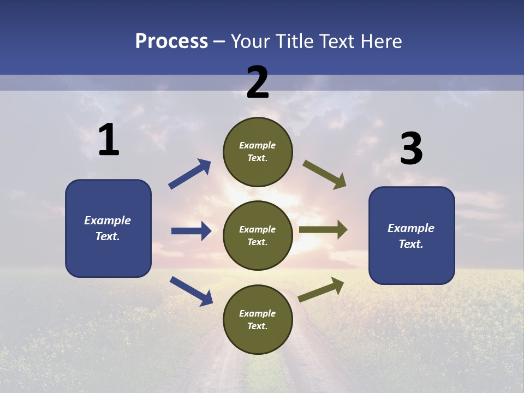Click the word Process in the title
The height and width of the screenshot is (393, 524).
(171, 41)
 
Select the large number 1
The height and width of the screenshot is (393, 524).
(109, 140)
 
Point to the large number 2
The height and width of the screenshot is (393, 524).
(258, 82)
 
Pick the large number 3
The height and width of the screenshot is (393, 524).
(411, 148)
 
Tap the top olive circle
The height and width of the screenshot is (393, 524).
(258, 152)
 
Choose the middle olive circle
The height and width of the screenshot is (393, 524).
(258, 235)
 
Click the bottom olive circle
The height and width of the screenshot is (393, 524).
(258, 319)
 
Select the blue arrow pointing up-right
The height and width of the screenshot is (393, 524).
(190, 174)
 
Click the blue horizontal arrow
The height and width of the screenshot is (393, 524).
(191, 231)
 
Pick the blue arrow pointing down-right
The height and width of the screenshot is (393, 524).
(191, 291)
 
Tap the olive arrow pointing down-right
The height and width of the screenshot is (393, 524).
(325, 175)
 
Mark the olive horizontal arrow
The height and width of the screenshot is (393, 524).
(323, 230)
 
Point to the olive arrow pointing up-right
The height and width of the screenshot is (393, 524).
(321, 289)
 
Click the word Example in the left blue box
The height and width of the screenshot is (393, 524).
(108, 221)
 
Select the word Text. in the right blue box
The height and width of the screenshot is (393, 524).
(411, 244)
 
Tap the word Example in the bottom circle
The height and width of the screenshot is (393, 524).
(258, 313)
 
